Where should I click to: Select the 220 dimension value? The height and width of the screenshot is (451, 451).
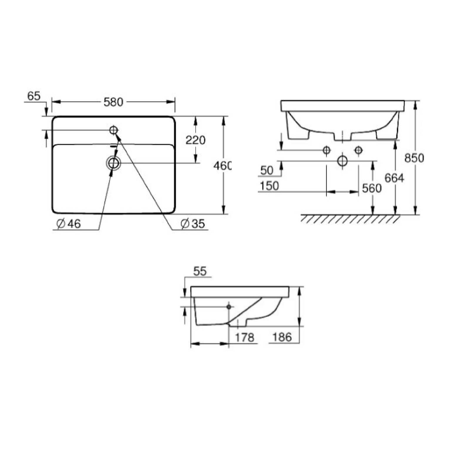coord(195,140)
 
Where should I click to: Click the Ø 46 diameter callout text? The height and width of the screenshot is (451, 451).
coord(68,224)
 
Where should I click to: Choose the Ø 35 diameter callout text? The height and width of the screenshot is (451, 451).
coord(193,224)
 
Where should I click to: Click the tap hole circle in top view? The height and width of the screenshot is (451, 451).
coord(114,130)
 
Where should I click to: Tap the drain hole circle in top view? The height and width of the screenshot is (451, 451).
coord(113,163)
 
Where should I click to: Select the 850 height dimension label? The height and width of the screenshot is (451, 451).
coord(414,158)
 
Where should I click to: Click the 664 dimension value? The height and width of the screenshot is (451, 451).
coord(394,178)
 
